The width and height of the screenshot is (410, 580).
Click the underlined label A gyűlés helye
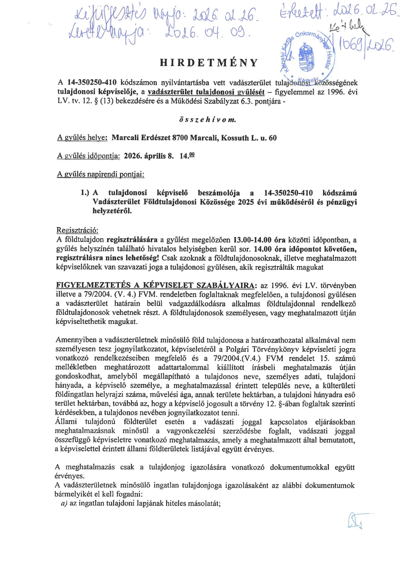(x=83, y=138)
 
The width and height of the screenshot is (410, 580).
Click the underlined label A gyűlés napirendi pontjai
(x=101, y=175)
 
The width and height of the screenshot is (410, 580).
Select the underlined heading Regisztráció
(x=77, y=230)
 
